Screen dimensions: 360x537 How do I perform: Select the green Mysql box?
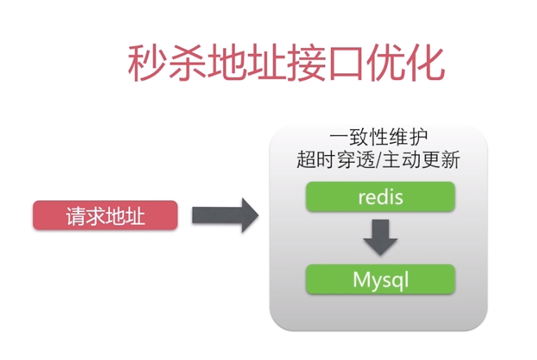tap(380, 280)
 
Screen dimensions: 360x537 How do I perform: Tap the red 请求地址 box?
tap(105, 216)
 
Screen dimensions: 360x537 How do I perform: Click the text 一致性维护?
tap(379, 138)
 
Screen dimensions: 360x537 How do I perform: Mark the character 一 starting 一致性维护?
tap(340, 138)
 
